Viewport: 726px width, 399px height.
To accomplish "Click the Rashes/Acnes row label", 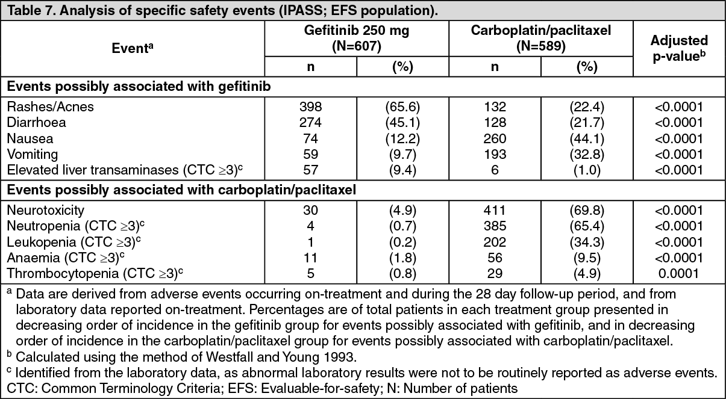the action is click(50, 107).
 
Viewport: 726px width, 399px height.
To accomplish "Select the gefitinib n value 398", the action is click(310, 107).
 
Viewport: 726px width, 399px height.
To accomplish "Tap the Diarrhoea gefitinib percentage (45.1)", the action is click(402, 122).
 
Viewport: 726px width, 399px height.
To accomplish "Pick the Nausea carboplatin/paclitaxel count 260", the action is click(495, 138).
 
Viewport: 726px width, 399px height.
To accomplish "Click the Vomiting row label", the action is click(33, 154).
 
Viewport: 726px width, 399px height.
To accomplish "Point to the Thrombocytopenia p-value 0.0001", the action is click(678, 274).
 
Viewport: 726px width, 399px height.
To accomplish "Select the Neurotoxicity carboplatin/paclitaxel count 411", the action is click(495, 211).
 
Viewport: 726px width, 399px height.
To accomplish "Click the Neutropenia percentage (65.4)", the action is click(587, 226).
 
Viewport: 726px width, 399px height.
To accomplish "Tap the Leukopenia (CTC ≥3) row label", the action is click(74, 242).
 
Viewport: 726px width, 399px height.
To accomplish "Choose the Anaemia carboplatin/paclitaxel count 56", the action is click(495, 258).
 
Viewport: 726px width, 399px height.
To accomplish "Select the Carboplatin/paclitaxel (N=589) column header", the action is click(540, 39).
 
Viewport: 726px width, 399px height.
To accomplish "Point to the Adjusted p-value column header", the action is click(679, 48).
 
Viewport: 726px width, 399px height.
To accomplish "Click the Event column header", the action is click(132, 48).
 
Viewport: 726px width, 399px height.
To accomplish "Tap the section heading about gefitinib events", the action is click(139, 87).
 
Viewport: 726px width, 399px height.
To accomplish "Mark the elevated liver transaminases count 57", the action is click(310, 170).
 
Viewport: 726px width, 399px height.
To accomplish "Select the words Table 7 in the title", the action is click(31, 11).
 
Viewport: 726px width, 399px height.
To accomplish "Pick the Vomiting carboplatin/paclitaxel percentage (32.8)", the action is click(587, 154).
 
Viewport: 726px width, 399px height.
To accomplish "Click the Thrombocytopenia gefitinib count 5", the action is click(310, 274).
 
